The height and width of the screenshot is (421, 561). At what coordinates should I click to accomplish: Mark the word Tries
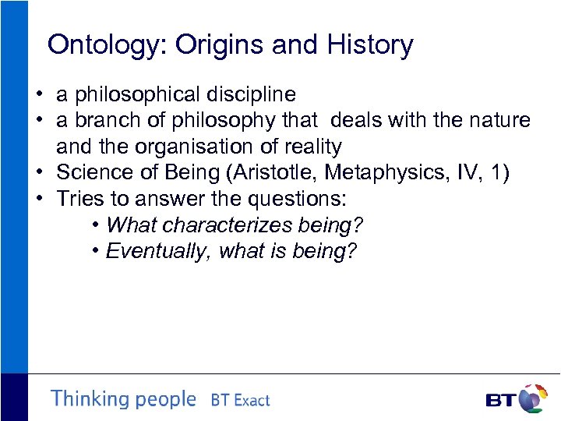79,198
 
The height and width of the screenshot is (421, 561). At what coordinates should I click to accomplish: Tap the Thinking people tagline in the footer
123,399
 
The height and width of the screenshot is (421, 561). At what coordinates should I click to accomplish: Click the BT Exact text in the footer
240,401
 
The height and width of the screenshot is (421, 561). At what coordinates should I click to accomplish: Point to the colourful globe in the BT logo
532,398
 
